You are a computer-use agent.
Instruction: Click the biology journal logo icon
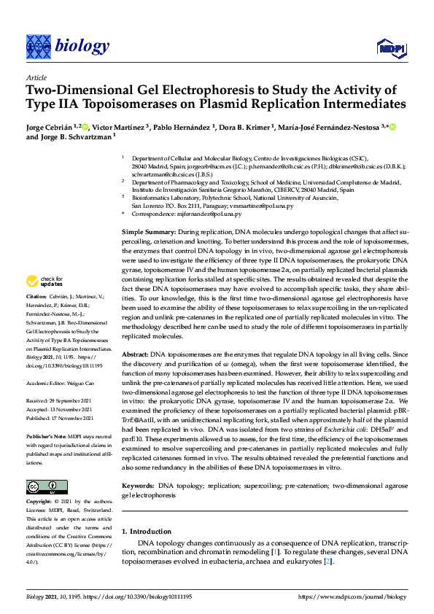(38, 47)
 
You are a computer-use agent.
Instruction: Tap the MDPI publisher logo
(390, 48)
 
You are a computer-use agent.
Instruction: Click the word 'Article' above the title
(36, 77)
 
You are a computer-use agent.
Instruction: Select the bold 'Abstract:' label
(136, 352)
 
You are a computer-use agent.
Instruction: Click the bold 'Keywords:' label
(139, 485)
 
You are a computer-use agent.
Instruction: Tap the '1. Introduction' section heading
(147, 532)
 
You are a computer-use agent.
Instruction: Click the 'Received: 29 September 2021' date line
(58, 400)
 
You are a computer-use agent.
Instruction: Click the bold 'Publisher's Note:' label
(46, 435)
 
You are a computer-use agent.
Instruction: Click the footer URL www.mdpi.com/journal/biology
(352, 596)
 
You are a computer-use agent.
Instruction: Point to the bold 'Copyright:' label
(39, 502)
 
